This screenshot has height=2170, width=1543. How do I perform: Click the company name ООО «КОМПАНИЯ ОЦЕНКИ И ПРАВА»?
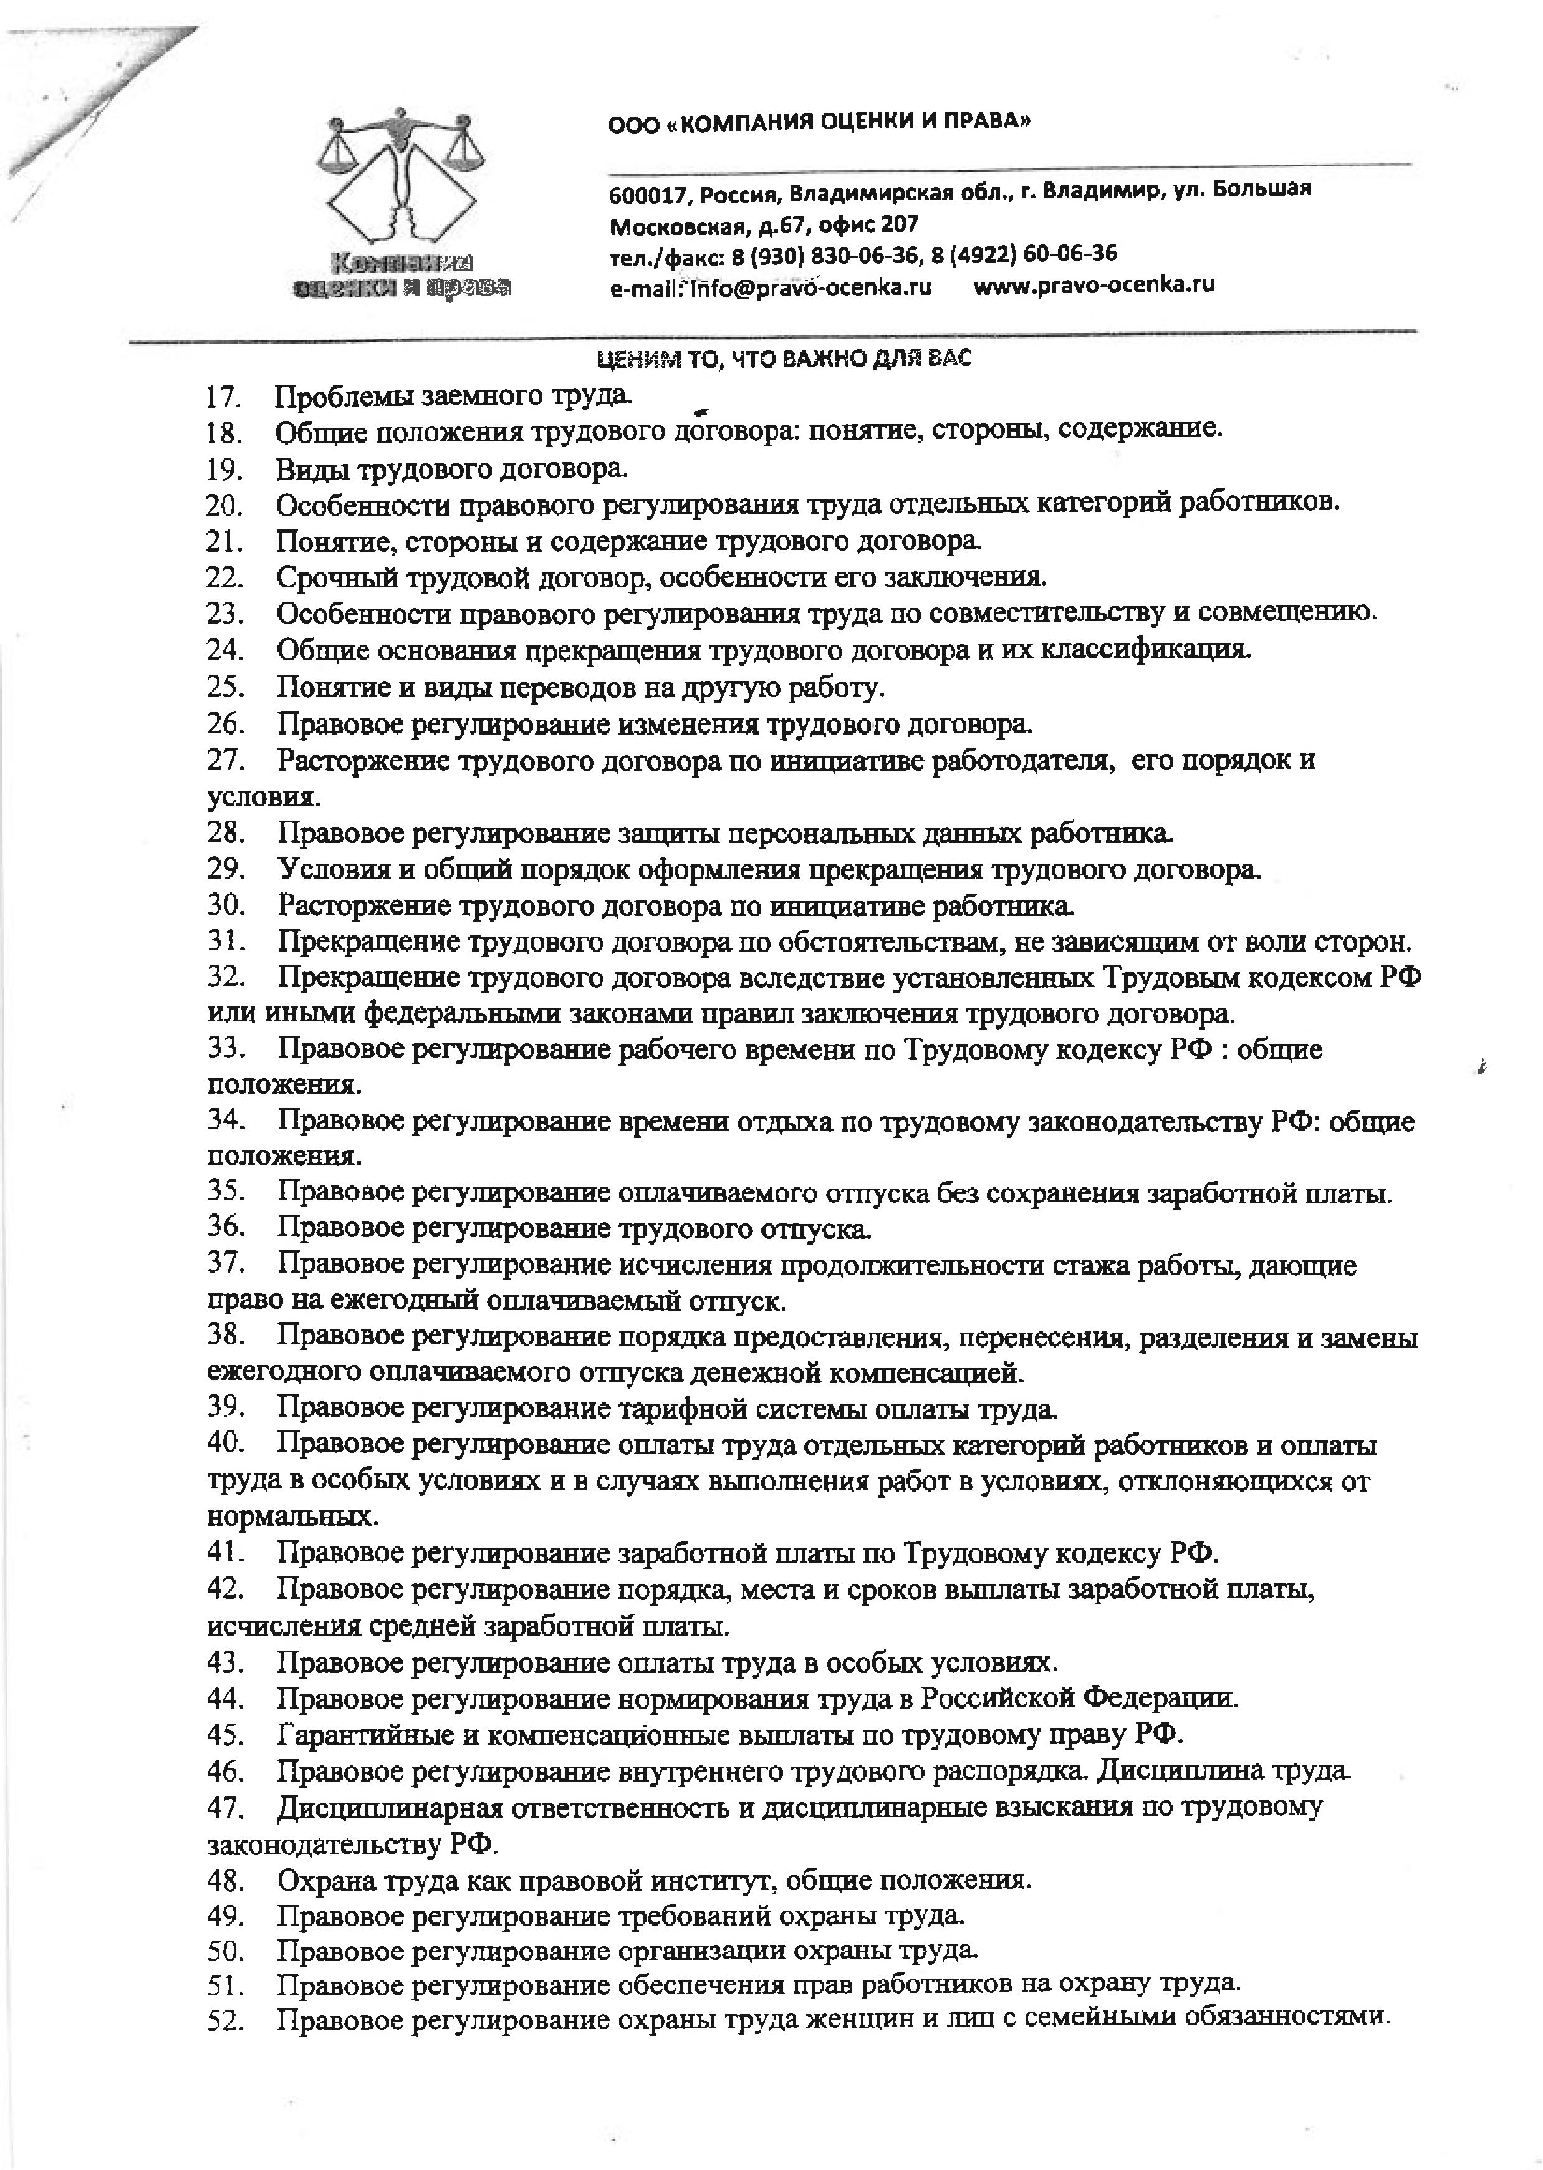tap(819, 123)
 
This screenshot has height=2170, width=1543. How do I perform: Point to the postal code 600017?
tap(642, 196)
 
